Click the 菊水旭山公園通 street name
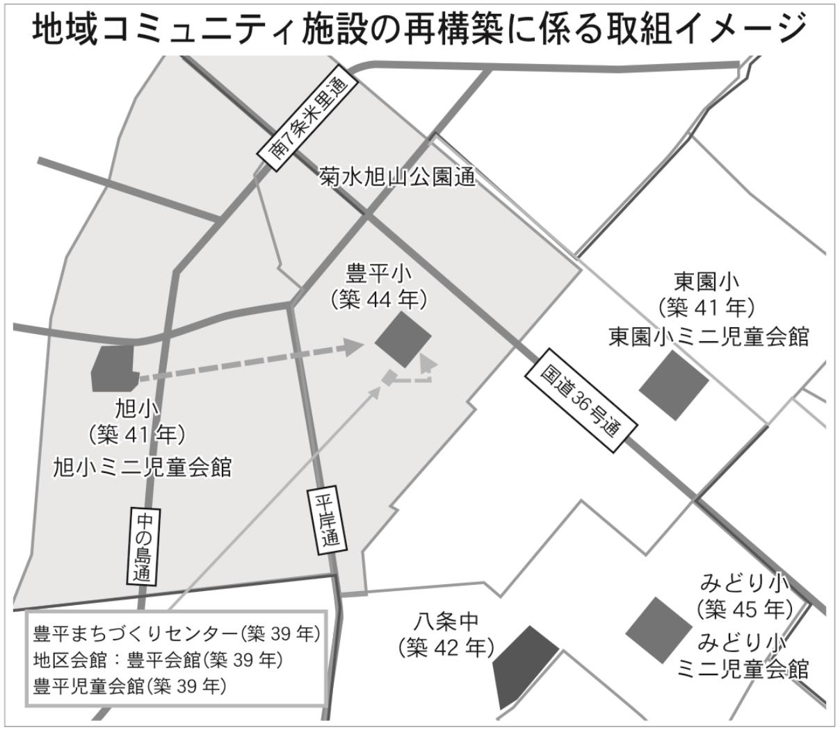(397, 177)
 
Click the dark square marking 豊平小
(403, 339)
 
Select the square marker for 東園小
(673, 385)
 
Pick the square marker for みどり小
(659, 630)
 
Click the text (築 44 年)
(379, 300)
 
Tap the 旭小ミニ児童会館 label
(143, 467)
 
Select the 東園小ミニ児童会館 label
(709, 336)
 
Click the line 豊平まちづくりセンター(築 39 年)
(176, 633)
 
